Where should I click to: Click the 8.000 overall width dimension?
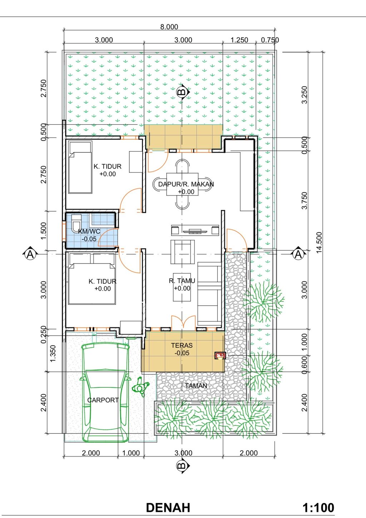tap(169, 27)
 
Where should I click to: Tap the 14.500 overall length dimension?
tap(319, 243)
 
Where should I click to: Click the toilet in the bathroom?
tap(76, 223)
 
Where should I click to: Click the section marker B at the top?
tap(183, 92)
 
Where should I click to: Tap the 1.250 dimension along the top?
tap(239, 40)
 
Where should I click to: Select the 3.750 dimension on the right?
tap(305, 201)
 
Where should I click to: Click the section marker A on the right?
tap(298, 255)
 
